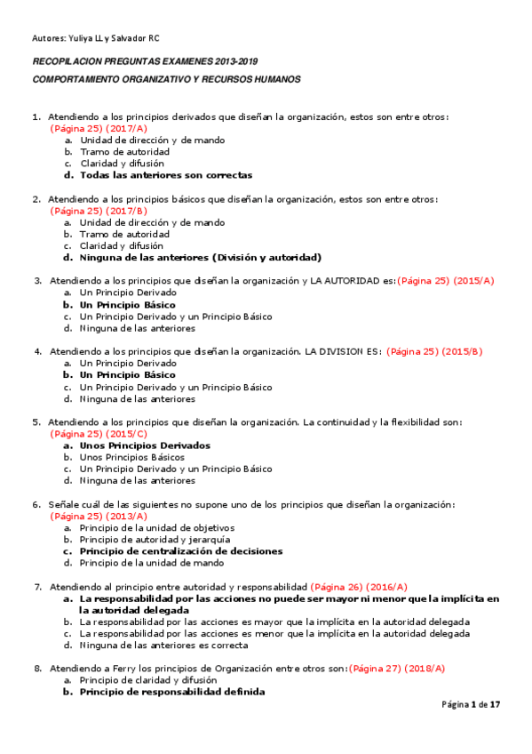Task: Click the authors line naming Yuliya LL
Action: [96, 38]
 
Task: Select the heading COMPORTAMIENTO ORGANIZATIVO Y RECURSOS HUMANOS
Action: [166, 79]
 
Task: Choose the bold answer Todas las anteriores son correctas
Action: [166, 175]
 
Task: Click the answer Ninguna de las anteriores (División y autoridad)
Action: [200, 258]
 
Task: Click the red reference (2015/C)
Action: [127, 434]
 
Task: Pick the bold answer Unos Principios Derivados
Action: [145, 445]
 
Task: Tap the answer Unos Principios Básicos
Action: [132, 457]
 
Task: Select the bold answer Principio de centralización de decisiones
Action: [181, 551]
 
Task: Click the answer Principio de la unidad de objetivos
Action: [150, 527]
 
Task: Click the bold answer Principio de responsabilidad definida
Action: [171, 692]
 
